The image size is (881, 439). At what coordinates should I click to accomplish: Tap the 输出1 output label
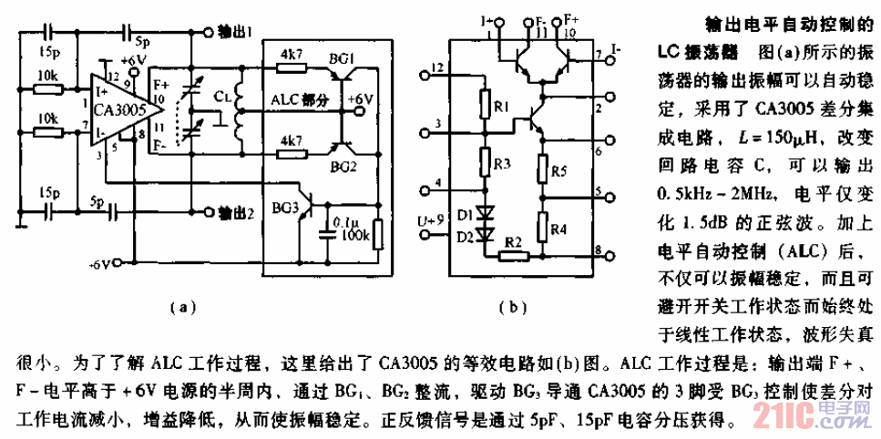(x=238, y=30)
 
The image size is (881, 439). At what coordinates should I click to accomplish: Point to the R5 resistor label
(x=559, y=170)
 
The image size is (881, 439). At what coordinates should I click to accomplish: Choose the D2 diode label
(x=466, y=237)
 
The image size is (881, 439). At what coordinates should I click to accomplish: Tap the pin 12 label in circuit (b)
(x=440, y=67)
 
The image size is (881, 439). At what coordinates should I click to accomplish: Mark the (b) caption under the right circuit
(x=514, y=308)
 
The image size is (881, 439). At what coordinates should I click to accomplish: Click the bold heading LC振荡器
(x=699, y=47)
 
